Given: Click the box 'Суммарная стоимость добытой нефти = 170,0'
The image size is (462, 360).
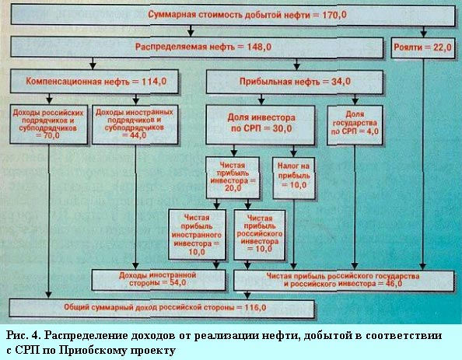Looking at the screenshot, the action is pyautogui.click(x=233, y=15).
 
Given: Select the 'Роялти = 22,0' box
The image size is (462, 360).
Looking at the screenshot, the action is pyautogui.click(x=423, y=47).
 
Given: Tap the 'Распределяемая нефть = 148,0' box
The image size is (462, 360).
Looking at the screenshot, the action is pyautogui.click(x=197, y=47).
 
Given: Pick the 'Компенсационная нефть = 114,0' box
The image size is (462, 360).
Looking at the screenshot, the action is pyautogui.click(x=94, y=82).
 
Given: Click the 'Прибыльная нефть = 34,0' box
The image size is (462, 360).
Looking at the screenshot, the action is pyautogui.click(x=294, y=82).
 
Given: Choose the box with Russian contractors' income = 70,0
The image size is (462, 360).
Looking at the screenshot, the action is pyautogui.click(x=49, y=124).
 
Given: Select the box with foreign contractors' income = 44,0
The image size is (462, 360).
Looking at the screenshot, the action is pyautogui.click(x=135, y=124).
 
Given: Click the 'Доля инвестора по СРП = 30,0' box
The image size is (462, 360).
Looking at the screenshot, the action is pyautogui.click(x=261, y=125).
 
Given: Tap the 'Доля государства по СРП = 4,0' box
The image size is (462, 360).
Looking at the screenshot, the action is pyautogui.click(x=355, y=125).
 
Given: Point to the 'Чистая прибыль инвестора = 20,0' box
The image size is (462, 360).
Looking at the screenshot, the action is pyautogui.click(x=233, y=177).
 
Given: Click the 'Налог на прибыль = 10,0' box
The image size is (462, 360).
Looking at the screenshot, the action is pyautogui.click(x=294, y=178).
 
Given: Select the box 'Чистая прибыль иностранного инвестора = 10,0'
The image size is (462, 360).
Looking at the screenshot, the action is pyautogui.click(x=197, y=235).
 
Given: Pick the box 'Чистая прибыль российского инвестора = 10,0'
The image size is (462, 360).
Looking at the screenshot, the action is pyautogui.click(x=260, y=235).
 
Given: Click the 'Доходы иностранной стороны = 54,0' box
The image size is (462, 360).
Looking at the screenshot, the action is pyautogui.click(x=159, y=280).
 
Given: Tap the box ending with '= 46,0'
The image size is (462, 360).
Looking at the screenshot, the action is pyautogui.click(x=344, y=281).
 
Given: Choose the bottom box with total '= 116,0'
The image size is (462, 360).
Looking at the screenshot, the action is pyautogui.click(x=162, y=308).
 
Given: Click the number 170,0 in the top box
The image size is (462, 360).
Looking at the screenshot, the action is pyautogui.click(x=334, y=15).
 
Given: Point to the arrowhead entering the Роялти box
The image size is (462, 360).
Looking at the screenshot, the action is pyautogui.click(x=423, y=33).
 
